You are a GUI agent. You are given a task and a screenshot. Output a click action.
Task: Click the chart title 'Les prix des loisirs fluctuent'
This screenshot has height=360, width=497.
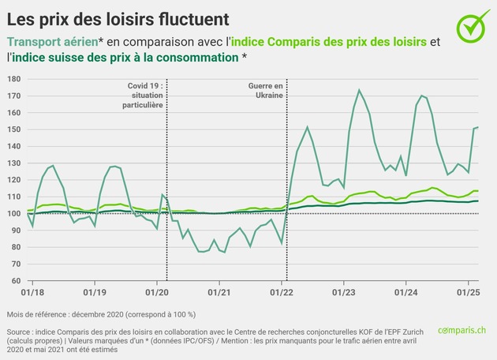coord(119,17)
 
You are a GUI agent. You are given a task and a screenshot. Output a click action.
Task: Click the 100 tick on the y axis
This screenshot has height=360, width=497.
coord(13,214)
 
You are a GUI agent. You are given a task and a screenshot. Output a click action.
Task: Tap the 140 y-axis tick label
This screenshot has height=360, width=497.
coord(13,147)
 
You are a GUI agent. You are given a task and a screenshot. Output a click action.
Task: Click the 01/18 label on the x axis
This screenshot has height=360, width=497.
coord(29,291)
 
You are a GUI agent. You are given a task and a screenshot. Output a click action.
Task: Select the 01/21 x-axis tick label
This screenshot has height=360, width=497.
coord(220,291)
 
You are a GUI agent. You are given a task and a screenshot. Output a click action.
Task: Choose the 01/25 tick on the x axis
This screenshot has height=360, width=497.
coord(469,291)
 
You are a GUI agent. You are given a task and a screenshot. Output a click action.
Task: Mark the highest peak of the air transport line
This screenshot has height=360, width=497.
coord(359,90)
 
